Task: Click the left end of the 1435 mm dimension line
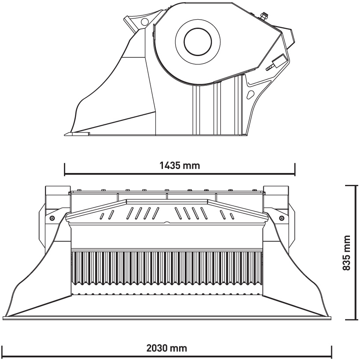(x=65, y=173)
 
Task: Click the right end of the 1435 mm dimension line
(x=295, y=173)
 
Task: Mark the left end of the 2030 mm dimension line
(x=2, y=356)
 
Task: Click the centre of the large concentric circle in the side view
(x=198, y=42)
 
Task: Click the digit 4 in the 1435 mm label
(x=166, y=165)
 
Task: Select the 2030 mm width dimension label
(x=167, y=348)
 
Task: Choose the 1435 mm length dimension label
(x=180, y=165)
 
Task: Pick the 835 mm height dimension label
(x=346, y=253)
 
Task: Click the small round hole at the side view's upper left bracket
(x=145, y=21)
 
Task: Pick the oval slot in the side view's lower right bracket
(x=250, y=95)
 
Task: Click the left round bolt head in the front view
(x=52, y=218)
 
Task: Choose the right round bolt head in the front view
(x=281, y=218)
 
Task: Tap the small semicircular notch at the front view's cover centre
(x=167, y=222)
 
